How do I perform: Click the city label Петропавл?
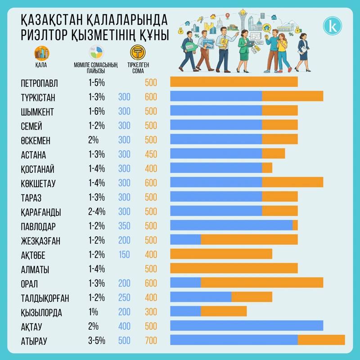tap(39, 83)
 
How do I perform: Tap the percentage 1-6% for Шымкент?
tap(96, 112)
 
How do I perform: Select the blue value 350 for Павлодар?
tap(124, 226)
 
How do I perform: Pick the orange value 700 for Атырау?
tap(151, 341)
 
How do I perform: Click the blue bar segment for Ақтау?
tap(247, 326)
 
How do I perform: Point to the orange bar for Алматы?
tap(234, 269)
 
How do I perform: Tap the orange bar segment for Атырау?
tap(321, 341)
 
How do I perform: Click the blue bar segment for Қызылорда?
tap(185, 312)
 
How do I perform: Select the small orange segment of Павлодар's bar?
tap(295, 225)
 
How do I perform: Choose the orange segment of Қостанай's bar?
tap(267, 168)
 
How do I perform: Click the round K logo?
tap(333, 26)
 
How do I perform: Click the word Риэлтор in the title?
tap(50, 35)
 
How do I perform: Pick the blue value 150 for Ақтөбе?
tap(124, 255)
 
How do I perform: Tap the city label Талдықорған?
tap(45, 298)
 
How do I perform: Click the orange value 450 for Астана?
tap(151, 154)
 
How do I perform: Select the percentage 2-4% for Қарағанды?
tap(96, 211)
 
